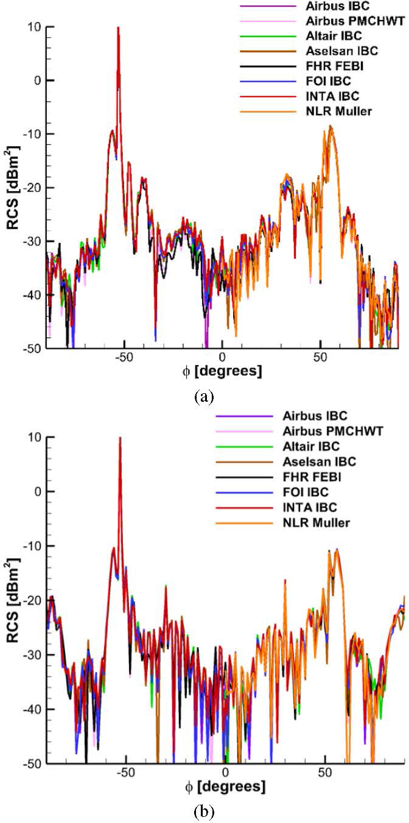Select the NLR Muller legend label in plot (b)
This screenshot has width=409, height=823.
[316, 523]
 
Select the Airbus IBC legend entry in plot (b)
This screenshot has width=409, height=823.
[314, 416]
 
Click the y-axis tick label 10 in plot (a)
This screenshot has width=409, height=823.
[34, 26]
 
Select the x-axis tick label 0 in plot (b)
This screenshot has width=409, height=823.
[225, 772]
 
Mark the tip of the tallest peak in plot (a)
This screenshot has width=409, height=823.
[118, 27]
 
